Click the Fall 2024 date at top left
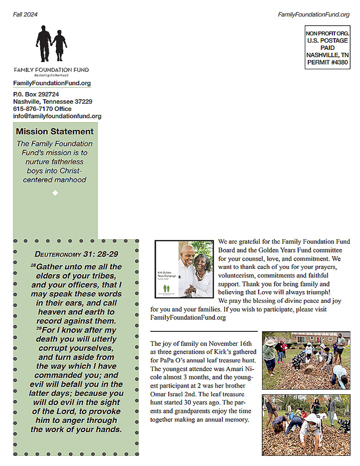click(x=25, y=15)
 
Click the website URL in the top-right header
click(x=313, y=15)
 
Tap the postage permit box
click(x=327, y=47)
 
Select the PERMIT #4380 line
click(x=327, y=62)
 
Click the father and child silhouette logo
click(x=51, y=44)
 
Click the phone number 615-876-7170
click(x=33, y=109)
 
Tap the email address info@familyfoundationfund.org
click(x=57, y=116)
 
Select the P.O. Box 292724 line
click(x=36, y=94)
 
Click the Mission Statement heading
click(x=55, y=131)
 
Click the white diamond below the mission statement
click(x=55, y=193)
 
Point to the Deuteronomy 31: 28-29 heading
click(x=77, y=254)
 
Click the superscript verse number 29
click(x=39, y=328)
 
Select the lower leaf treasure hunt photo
click(x=306, y=425)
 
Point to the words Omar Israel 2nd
click(x=172, y=394)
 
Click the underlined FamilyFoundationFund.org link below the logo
click(x=52, y=83)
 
